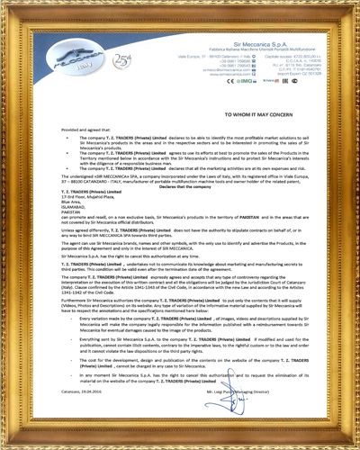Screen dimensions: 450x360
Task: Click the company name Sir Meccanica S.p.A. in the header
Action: coord(258,42)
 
